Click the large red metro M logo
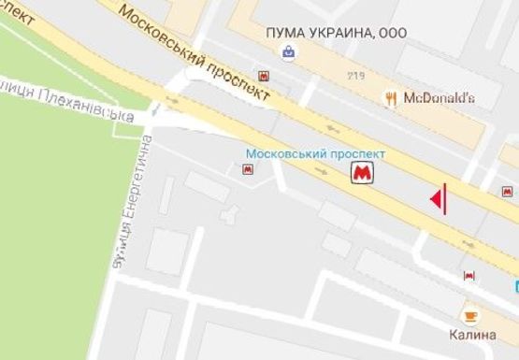pyautogui.click(x=361, y=173)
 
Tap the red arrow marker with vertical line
pyautogui.click(x=438, y=198)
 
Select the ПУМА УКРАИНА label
pyautogui.click(x=324, y=33)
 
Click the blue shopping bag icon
pyautogui.click(x=290, y=52)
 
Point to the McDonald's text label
pyautogui.click(x=440, y=97)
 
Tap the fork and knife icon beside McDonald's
pyautogui.click(x=392, y=97)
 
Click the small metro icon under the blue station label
pyautogui.click(x=248, y=169)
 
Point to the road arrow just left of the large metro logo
pyautogui.click(x=323, y=171)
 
